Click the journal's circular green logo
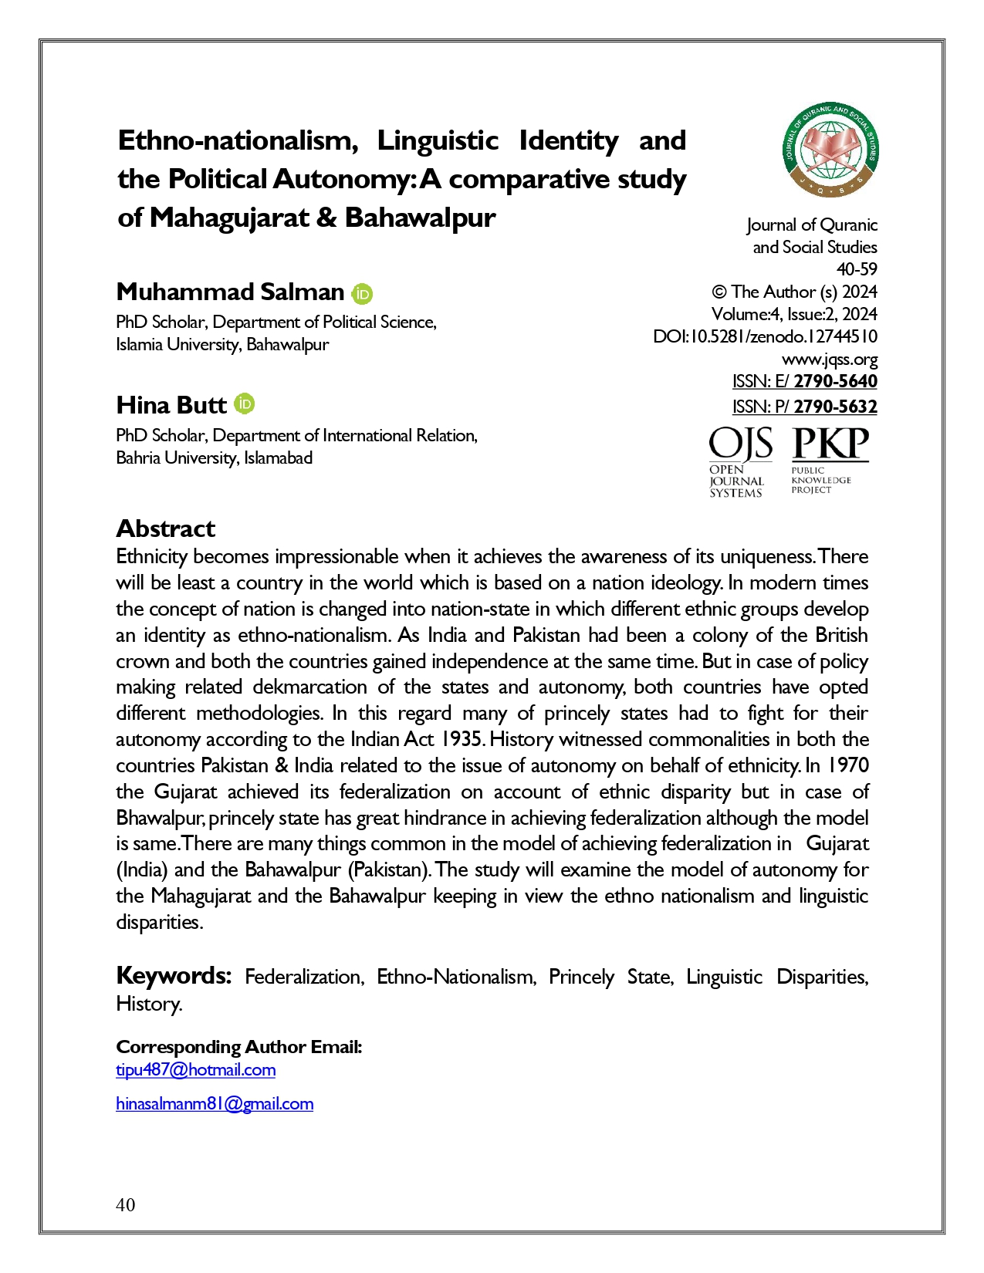pos(830,151)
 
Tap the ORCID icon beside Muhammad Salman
pos(362,294)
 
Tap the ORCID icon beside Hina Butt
pos(244,404)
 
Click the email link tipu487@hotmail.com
pos(195,1070)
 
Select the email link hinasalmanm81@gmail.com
pos(215,1104)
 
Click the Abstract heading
pos(165,528)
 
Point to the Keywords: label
pos(174,976)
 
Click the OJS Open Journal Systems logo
pos(739,462)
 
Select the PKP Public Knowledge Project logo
pos(830,460)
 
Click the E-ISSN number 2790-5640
pos(835,381)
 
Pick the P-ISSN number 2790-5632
pos(835,407)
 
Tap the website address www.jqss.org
pos(829,360)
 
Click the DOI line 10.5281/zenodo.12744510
pos(765,337)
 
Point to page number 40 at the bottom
pos(125,1205)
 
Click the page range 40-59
pos(857,270)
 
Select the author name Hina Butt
pos(171,405)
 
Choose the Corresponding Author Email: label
pos(238,1047)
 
